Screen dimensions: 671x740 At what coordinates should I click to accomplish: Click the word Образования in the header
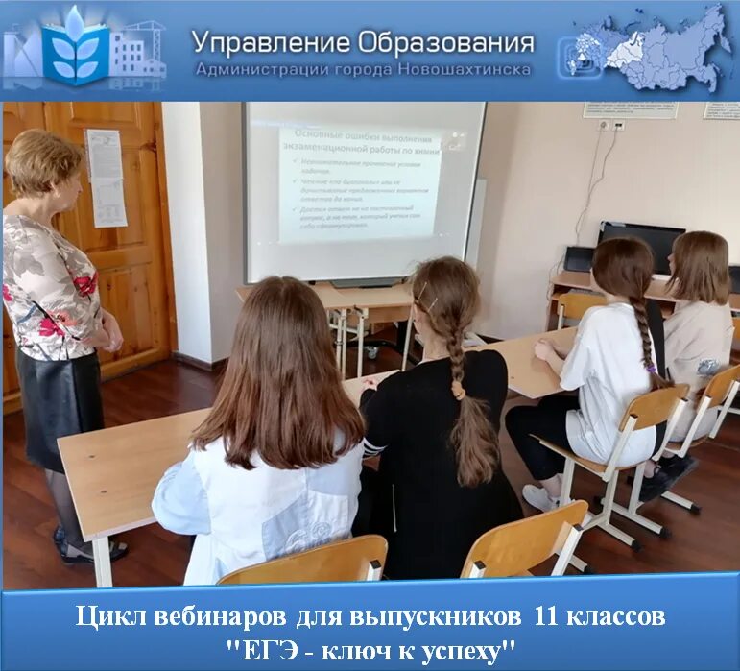tap(445, 42)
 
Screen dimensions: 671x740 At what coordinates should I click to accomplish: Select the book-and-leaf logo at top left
tap(76, 47)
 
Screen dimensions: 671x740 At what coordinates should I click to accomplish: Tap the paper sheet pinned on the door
tap(106, 178)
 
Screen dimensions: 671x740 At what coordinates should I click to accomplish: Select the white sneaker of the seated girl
tap(540, 497)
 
